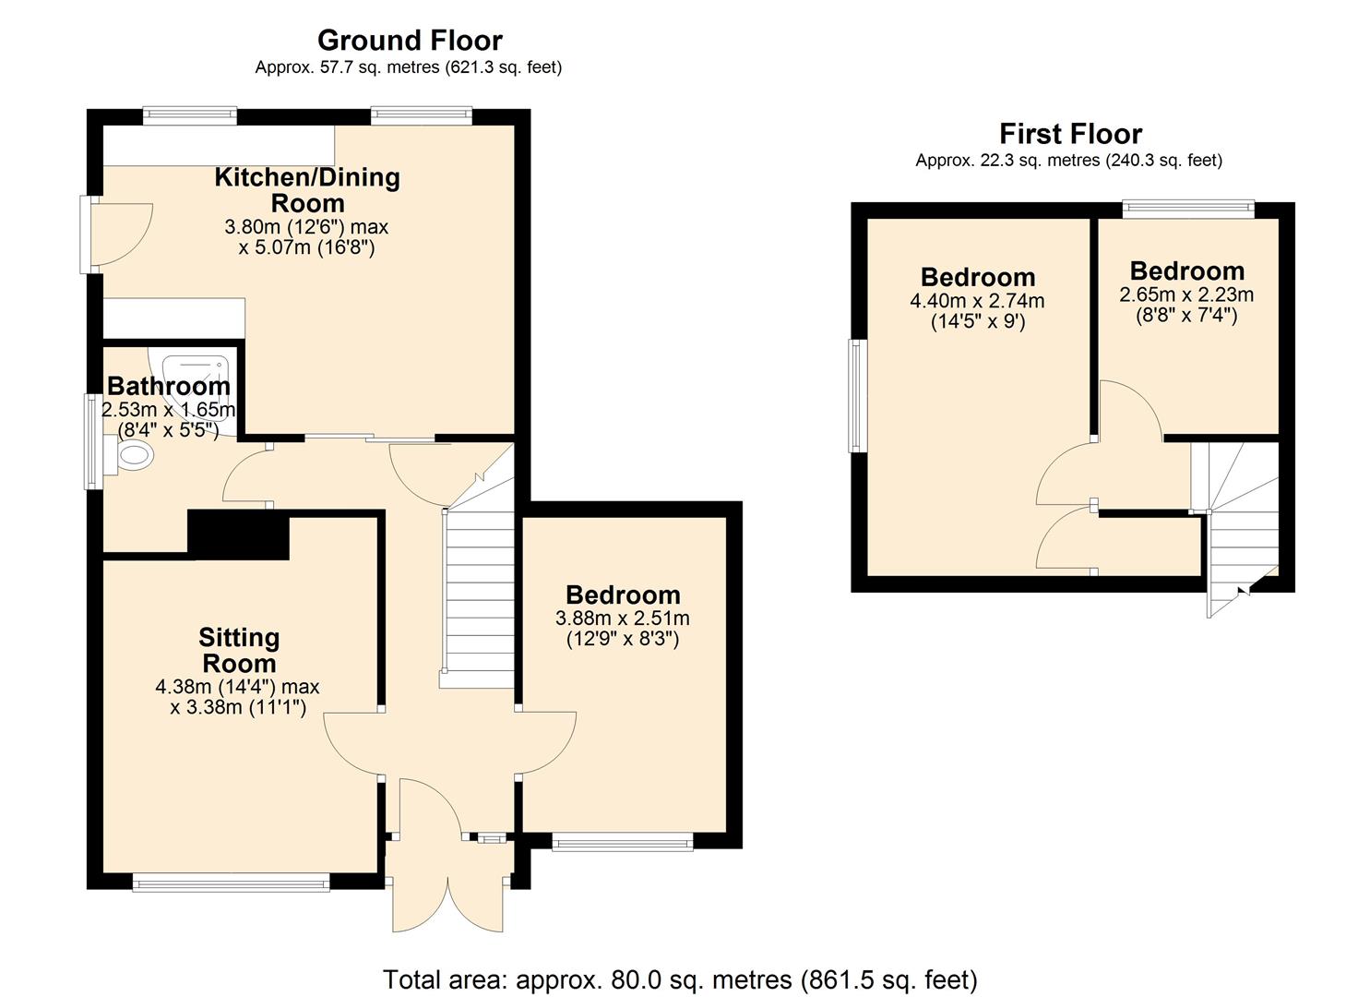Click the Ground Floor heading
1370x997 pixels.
pos(410,41)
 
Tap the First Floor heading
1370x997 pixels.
pos(1070,134)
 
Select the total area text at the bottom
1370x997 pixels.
pos(680,979)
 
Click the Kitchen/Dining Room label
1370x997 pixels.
pos(307,189)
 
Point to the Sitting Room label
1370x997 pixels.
pos(239,650)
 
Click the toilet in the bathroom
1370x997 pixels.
pos(132,454)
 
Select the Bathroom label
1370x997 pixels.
pos(168,386)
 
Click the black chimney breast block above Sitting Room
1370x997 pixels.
pos(239,535)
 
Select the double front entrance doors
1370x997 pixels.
pos(448,900)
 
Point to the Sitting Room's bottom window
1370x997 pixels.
pos(231,883)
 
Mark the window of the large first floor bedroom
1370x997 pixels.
pos(858,396)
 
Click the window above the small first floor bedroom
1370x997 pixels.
pos(1188,210)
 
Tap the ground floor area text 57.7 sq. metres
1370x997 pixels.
pos(408,67)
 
